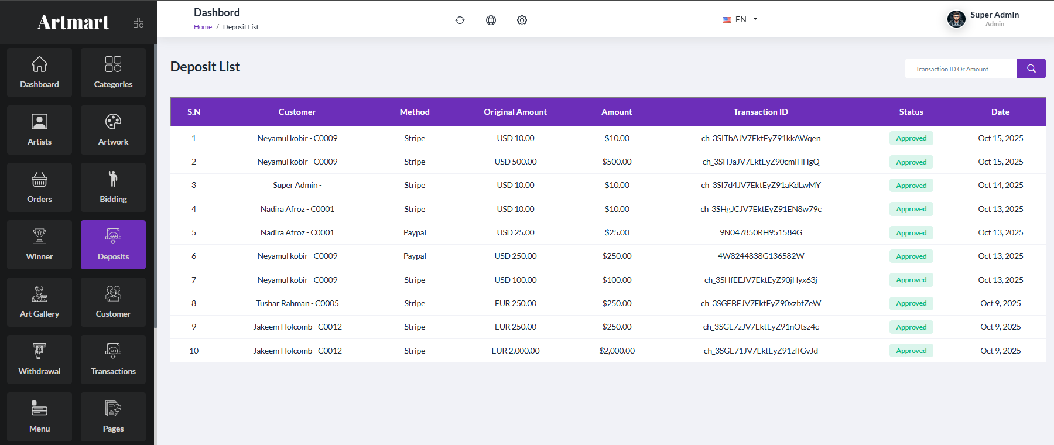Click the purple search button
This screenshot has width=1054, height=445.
point(1031,69)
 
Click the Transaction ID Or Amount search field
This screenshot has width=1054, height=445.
point(961,69)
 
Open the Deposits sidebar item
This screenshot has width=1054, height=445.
point(113,245)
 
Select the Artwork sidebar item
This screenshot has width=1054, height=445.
point(113,130)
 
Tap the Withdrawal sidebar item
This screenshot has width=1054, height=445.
point(39,360)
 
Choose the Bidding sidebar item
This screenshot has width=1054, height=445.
point(113,187)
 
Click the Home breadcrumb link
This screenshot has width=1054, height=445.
point(203,27)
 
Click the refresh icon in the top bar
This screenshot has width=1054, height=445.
point(460,20)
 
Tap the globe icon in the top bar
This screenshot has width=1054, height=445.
point(491,20)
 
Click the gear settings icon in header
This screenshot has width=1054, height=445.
point(522,20)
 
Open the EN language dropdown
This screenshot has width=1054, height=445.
point(740,19)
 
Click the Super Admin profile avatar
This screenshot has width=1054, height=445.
point(956,19)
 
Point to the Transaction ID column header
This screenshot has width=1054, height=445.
point(761,112)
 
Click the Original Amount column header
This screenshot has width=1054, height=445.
point(515,112)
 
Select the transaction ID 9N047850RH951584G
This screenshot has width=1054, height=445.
point(761,232)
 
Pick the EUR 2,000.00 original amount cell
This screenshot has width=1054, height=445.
point(515,351)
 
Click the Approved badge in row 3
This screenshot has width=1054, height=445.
point(911,186)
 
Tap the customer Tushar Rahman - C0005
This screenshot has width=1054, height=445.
point(297,303)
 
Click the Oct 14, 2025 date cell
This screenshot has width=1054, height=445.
point(1001,185)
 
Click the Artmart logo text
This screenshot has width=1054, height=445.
point(73,22)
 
